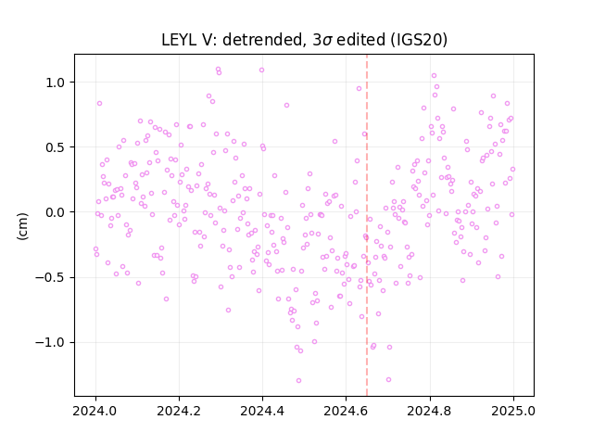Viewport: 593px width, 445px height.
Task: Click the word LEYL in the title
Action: [178, 40]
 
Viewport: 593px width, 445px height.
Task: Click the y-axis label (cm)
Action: [22, 226]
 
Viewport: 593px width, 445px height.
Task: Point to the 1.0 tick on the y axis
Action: [56, 83]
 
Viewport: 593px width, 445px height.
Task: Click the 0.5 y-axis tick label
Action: [56, 147]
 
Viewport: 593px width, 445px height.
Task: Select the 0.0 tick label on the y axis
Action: [56, 212]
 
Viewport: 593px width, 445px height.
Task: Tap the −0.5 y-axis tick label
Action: [51, 278]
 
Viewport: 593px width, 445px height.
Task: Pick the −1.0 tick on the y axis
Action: [51, 343]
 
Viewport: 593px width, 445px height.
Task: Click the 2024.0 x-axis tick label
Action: [95, 411]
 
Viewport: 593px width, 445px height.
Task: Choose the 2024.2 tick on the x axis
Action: [179, 411]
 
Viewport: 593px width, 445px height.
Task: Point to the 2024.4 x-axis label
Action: [262, 411]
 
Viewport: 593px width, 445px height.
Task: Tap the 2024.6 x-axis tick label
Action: [346, 411]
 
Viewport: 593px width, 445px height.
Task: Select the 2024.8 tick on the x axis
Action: [430, 411]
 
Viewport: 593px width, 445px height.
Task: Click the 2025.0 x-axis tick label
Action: [513, 411]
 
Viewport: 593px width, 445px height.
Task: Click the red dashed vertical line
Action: [367, 225]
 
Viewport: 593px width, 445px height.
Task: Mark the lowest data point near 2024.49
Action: [298, 380]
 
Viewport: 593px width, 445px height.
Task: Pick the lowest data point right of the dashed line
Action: [388, 379]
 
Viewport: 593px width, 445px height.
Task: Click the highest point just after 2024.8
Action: [434, 76]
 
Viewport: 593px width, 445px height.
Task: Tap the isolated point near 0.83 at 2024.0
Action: [99, 103]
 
